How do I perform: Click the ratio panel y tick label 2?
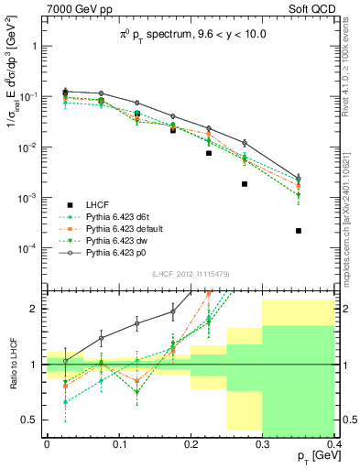pyautogui.click(x=33, y=308)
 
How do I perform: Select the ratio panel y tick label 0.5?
pyautogui.click(x=29, y=420)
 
